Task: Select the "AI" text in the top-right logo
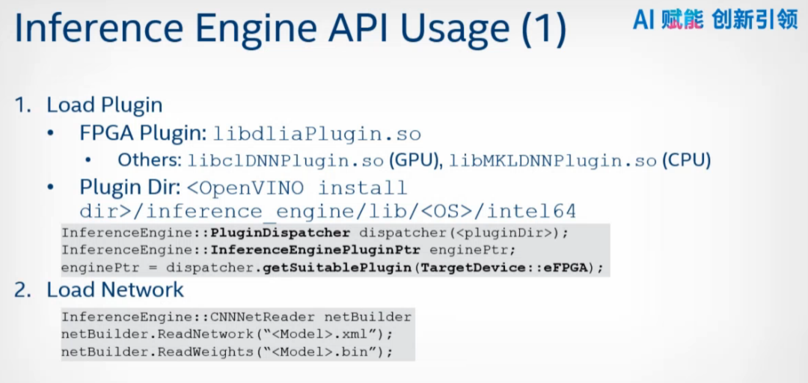click(643, 19)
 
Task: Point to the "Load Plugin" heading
click(104, 105)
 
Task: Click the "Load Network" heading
click(114, 289)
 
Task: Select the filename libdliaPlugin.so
click(317, 135)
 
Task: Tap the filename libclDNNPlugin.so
click(287, 160)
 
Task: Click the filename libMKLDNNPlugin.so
click(554, 160)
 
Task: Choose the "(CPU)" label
click(686, 160)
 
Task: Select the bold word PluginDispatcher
click(281, 232)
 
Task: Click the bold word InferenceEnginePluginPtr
click(316, 249)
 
